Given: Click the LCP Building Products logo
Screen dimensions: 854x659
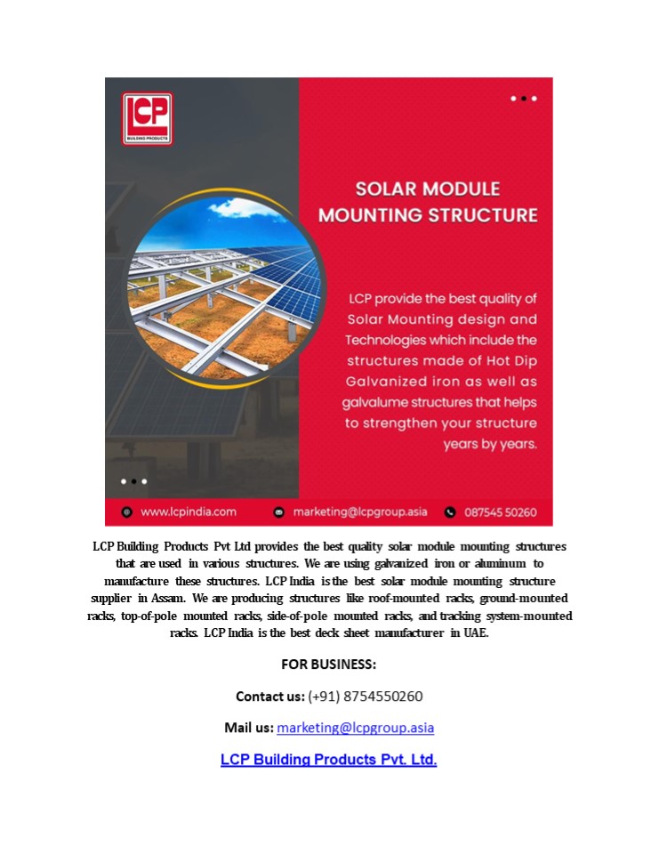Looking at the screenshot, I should pyautogui.click(x=147, y=118).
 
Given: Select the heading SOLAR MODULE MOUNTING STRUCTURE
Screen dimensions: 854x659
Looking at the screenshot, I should pyautogui.click(x=428, y=202).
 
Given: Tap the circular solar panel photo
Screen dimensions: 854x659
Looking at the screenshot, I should pyautogui.click(x=225, y=286).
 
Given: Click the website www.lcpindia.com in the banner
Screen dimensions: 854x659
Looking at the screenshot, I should pyautogui.click(x=189, y=512).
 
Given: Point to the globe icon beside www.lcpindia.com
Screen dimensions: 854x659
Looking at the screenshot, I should pyautogui.click(x=127, y=512).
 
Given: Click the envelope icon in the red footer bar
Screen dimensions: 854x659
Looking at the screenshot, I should pyautogui.click(x=279, y=512).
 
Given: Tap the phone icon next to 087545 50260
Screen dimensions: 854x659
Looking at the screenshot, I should pyautogui.click(x=450, y=512).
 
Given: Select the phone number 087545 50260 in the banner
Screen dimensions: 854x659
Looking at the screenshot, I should pyautogui.click(x=501, y=512).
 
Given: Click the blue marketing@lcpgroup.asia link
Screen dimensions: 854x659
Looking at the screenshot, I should pyautogui.click(x=356, y=728).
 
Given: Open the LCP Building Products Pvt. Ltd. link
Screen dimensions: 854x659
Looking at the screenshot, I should pyautogui.click(x=329, y=760).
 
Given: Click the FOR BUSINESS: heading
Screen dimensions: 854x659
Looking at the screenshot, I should pyautogui.click(x=329, y=665).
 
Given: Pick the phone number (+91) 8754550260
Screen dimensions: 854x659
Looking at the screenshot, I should pyautogui.click(x=366, y=696).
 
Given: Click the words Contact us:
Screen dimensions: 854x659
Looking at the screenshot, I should pyautogui.click(x=270, y=696).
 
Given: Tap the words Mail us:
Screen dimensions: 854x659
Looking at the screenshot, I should pyautogui.click(x=249, y=728).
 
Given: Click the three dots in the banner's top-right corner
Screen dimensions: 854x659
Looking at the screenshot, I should pyautogui.click(x=524, y=99).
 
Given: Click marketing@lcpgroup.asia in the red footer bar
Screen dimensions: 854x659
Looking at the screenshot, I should pyautogui.click(x=360, y=512).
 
